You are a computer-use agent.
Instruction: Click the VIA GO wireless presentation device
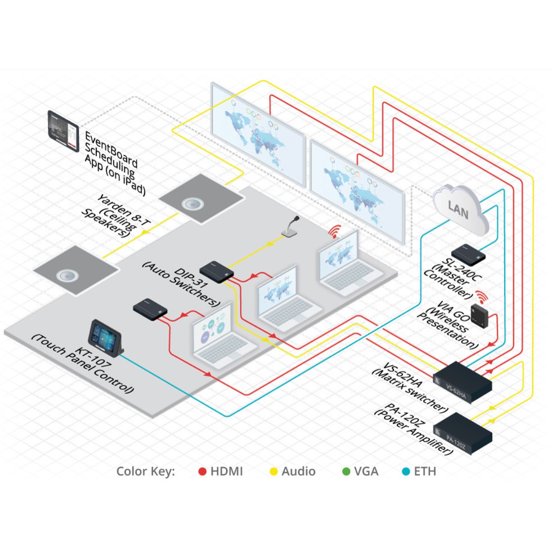click(x=482, y=316)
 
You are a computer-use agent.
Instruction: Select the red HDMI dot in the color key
click(x=202, y=471)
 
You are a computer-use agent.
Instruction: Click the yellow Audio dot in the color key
click(x=274, y=471)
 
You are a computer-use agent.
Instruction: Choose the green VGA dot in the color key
click(x=346, y=471)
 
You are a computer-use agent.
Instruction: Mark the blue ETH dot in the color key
click(x=406, y=471)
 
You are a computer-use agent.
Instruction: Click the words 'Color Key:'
click(x=146, y=471)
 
